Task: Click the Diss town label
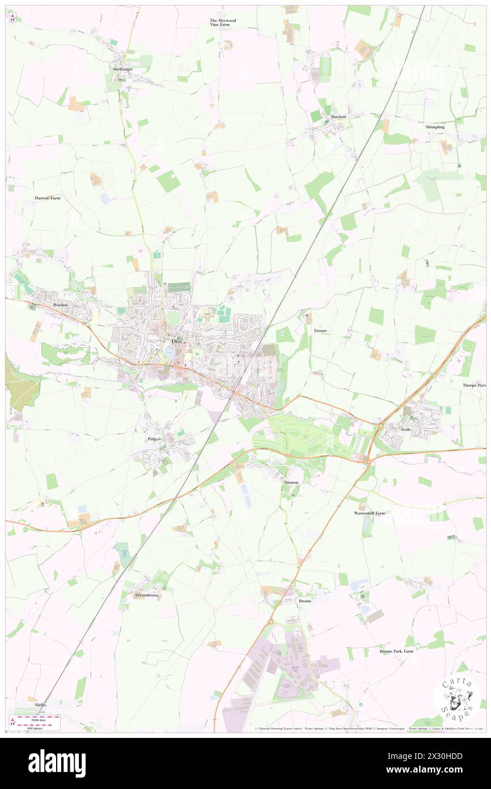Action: point(177,341)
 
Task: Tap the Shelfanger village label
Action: point(122,68)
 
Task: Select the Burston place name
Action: point(338,116)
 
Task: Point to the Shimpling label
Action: point(435,127)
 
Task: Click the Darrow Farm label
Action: point(47,198)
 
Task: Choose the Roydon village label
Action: point(60,305)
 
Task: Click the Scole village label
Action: point(405,429)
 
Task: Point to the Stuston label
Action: point(291,482)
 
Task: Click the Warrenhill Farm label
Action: point(369,513)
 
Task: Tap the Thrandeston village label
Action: point(146,595)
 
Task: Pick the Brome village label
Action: point(304,601)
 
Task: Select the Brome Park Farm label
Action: point(396,651)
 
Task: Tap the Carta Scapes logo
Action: point(457,697)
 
